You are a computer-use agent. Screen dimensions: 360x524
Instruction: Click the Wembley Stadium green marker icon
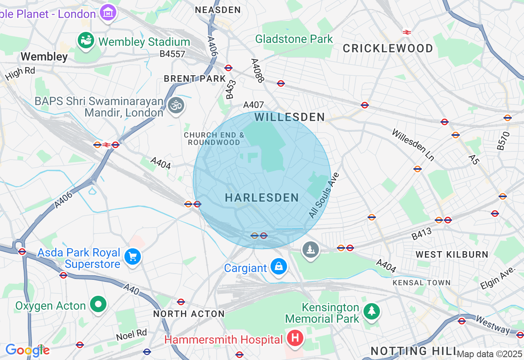[86, 41]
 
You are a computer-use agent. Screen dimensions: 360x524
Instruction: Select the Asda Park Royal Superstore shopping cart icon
[133, 257]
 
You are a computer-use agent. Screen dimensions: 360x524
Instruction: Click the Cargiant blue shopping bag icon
[279, 267]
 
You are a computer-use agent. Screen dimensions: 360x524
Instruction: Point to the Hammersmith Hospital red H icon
[295, 338]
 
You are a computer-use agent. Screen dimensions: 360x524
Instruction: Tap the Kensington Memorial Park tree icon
[371, 311]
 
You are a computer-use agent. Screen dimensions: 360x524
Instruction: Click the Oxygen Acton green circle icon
[99, 304]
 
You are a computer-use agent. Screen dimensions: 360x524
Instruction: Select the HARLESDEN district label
[262, 198]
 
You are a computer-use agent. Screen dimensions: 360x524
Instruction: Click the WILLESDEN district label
[289, 117]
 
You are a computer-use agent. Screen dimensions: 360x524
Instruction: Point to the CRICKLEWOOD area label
[388, 49]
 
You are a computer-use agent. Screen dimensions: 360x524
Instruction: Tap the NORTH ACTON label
[189, 314]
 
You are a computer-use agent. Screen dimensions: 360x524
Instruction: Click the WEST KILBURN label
[452, 254]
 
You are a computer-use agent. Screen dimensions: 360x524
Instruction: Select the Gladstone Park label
[294, 39]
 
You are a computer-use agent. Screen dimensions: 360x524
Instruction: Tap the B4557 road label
[172, 54]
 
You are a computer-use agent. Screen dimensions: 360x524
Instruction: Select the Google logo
[27, 350]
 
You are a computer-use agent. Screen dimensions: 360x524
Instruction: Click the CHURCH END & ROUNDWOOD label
[214, 139]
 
